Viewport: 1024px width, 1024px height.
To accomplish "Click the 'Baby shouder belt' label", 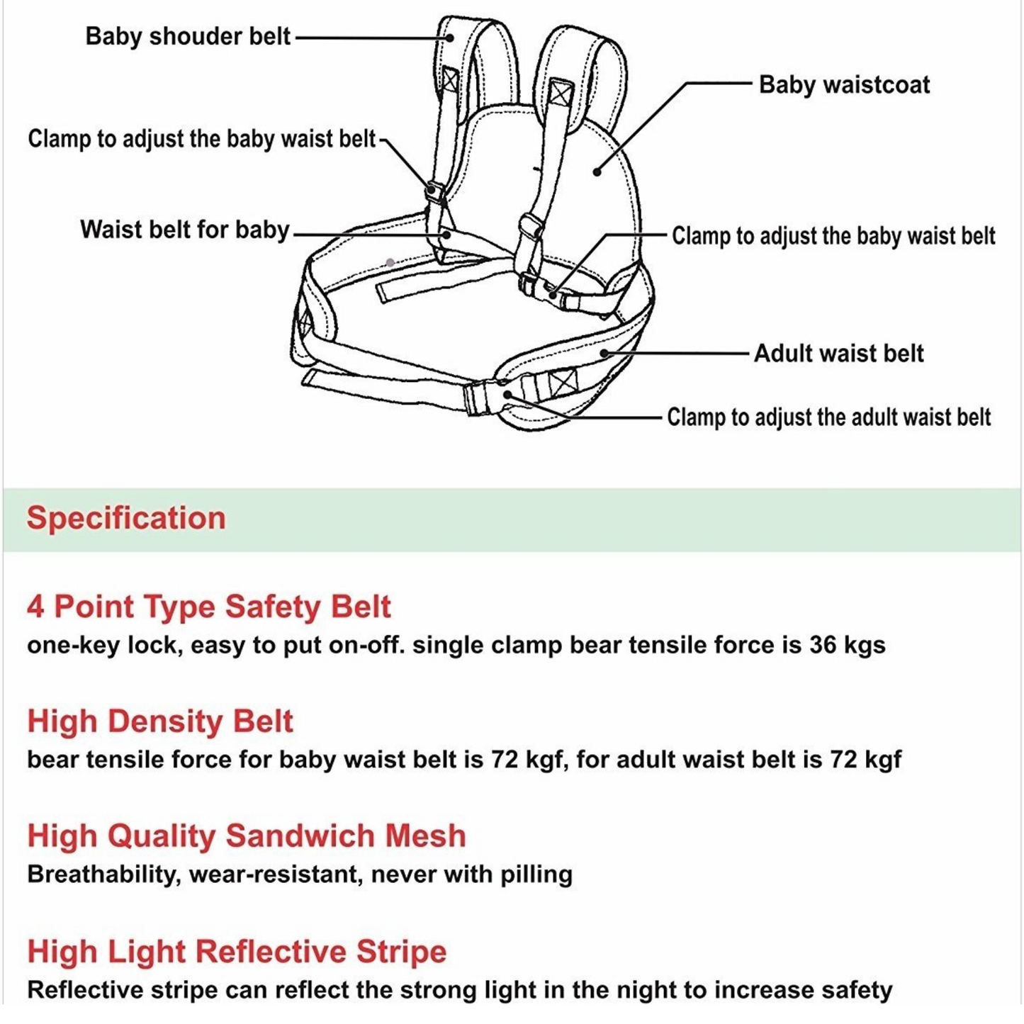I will pos(188,36).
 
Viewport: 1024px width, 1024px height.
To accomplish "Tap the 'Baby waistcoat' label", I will pos(844,85).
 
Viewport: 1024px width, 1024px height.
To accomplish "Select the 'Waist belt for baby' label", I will pos(184,230).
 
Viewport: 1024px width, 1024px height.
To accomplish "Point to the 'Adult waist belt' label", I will pos(838,353).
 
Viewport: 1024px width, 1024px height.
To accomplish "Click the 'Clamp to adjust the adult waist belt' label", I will pos(828,417).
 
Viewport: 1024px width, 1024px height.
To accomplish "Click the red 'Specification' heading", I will pos(126,518).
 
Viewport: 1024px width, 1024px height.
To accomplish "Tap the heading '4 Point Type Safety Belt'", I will pos(208,607).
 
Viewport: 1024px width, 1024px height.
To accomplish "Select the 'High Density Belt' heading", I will pos(159,721).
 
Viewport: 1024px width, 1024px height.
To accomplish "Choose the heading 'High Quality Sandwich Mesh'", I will pos(246,835).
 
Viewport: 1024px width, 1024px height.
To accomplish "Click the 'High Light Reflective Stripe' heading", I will pos(237,951).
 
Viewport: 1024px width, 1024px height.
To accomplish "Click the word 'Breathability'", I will pos(101,874).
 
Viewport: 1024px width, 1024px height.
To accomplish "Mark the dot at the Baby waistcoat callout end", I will pos(597,171).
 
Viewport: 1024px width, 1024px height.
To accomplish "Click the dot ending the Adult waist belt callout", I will pos(604,352).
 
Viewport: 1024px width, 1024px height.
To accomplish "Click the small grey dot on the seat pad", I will pos(390,263).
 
